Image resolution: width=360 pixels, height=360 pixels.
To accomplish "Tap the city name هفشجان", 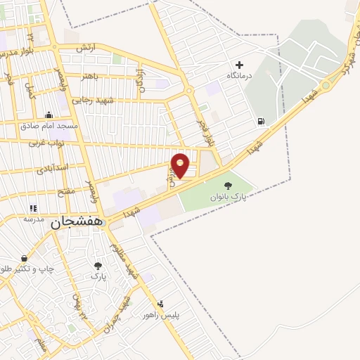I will pos(77,221).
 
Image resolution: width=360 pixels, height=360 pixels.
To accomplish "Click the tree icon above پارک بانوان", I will pos(227,186).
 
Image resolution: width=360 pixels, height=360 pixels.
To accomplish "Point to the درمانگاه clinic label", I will pos(240,75).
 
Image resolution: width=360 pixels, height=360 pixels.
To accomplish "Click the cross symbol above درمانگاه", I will pos(239,65).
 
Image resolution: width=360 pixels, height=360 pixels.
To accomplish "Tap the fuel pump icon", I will pos(262,121).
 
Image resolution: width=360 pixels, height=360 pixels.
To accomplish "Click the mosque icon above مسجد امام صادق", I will pos(48,115).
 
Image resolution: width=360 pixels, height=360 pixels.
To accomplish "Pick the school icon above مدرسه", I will pos(32,208).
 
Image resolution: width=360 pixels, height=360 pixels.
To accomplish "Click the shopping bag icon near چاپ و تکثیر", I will pos(25,258).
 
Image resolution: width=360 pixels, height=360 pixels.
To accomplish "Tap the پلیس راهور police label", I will pos(161,315).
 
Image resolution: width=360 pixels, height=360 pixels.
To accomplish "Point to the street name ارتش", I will pos(85,47).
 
